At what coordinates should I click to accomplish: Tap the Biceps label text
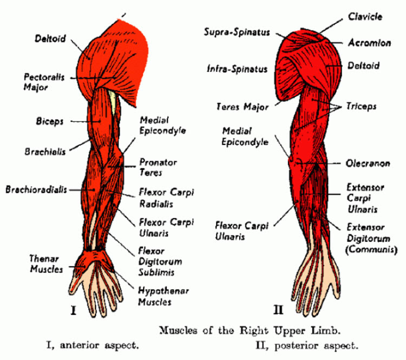51,122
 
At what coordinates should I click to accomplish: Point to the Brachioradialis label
37,189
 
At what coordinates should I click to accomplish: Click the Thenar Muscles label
46,264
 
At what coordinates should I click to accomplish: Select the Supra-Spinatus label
237,32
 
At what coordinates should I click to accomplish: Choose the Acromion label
365,42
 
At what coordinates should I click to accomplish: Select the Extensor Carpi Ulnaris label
365,198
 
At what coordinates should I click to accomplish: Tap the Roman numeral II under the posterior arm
278,310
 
